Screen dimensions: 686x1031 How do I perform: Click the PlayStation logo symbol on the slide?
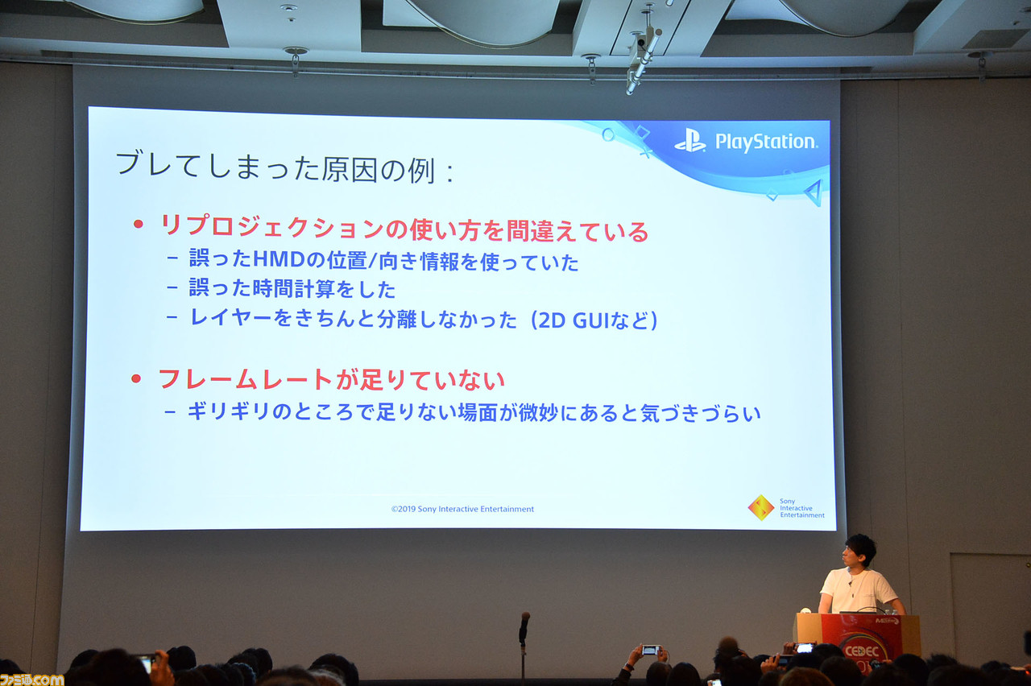point(690,141)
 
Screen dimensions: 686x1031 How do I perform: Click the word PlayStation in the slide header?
point(766,143)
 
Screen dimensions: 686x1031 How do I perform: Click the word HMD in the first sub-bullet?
point(255,261)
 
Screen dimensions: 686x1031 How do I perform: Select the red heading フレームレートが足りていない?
point(331,378)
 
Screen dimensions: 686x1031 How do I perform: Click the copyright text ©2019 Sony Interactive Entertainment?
point(462,509)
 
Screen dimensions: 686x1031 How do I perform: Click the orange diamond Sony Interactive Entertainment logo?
point(760,507)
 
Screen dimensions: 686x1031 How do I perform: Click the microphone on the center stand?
point(524,624)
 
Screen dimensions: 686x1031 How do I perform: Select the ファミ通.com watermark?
point(31,678)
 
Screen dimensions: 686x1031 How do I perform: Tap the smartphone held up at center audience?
point(650,649)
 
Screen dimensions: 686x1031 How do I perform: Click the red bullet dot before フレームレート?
point(137,378)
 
